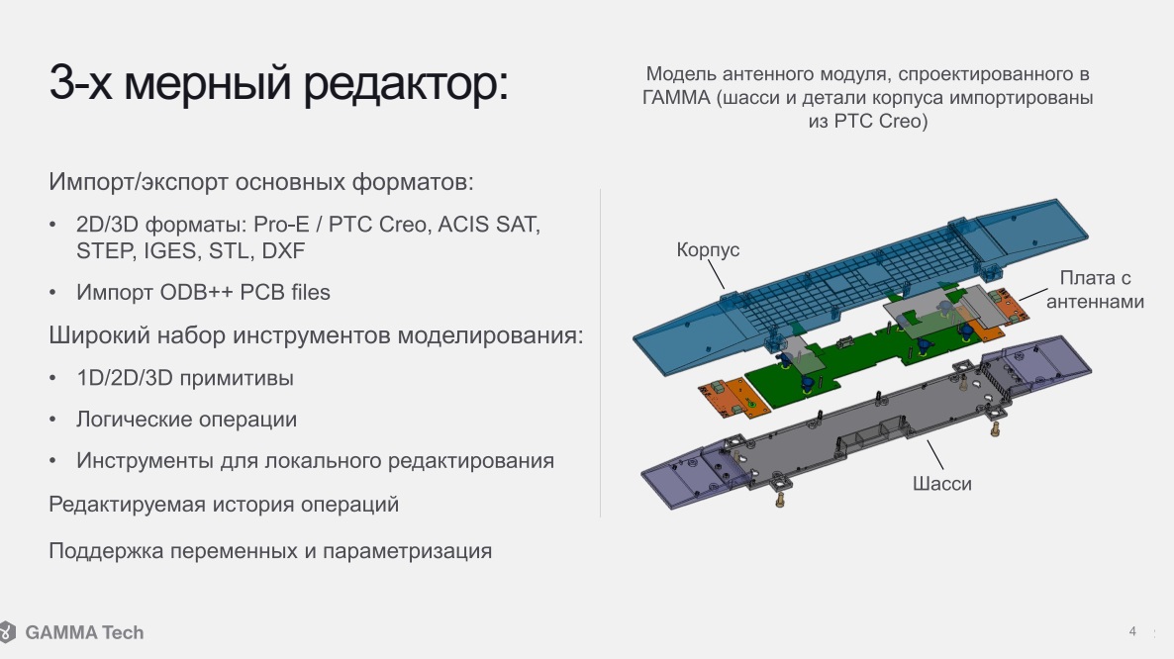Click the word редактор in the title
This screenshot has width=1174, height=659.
(x=405, y=83)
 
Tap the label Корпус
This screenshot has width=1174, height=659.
(x=708, y=249)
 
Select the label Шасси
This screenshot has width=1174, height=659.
(x=942, y=483)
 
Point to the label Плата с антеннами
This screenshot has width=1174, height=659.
(x=1095, y=290)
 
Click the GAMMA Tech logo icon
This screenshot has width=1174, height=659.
(x=8, y=632)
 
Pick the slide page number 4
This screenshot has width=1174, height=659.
(x=1132, y=631)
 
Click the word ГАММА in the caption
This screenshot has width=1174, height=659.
(x=676, y=98)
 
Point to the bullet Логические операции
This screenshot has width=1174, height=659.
(x=186, y=419)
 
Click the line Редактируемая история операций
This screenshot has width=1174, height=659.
(x=224, y=505)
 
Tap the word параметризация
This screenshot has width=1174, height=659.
(x=407, y=551)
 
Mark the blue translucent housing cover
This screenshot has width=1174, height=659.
(x=861, y=288)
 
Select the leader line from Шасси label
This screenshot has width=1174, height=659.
(x=935, y=455)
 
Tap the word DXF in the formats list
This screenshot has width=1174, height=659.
(x=283, y=250)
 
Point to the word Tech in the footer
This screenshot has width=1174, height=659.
(x=123, y=633)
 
